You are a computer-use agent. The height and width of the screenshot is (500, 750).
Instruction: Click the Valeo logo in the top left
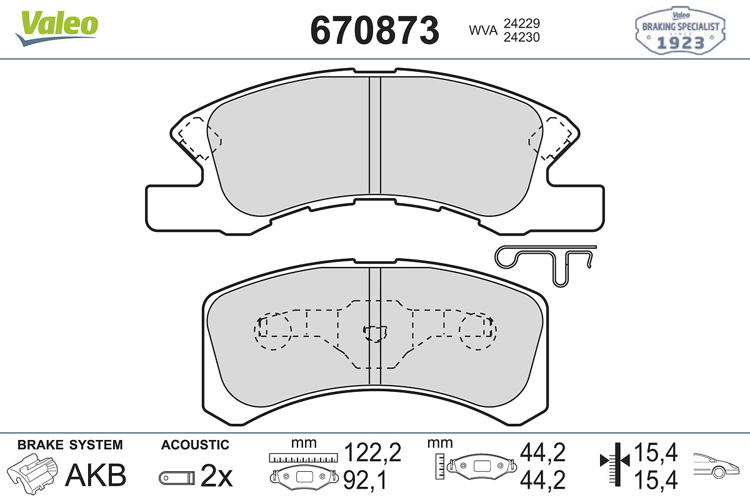[x=57, y=28]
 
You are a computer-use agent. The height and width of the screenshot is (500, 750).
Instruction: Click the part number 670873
[x=374, y=31]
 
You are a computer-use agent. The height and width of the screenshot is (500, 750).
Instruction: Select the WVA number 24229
[x=522, y=23]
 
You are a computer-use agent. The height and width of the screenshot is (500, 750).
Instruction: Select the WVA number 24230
[x=522, y=37]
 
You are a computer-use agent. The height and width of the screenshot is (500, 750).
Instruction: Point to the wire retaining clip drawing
[x=546, y=264]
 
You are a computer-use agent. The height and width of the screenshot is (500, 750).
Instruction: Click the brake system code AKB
[x=96, y=475]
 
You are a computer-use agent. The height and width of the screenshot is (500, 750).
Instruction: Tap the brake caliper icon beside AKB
[x=32, y=472]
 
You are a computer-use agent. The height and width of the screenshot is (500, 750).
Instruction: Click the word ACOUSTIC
[x=195, y=445]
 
